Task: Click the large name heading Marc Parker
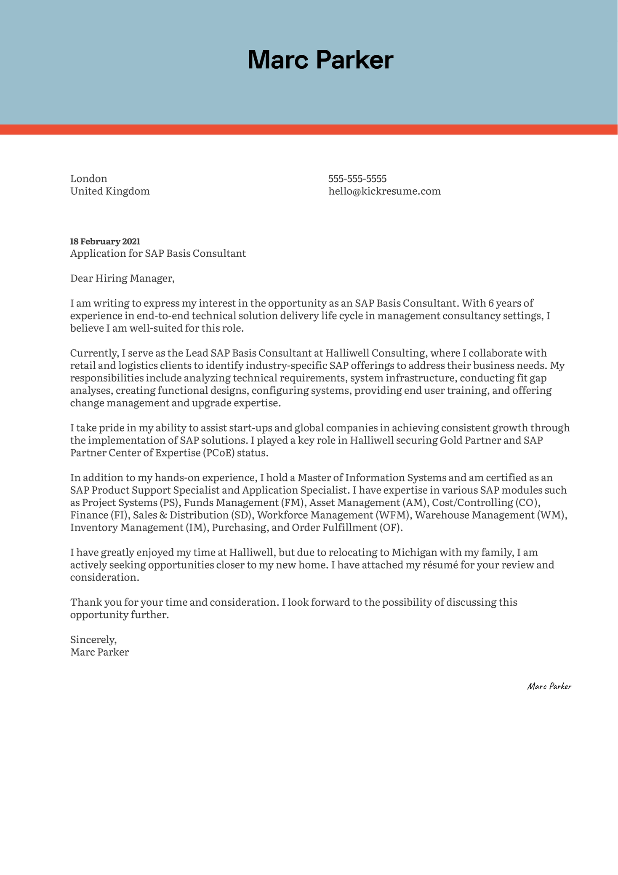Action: [320, 60]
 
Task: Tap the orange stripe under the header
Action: [309, 129]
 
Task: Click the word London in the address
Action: [89, 179]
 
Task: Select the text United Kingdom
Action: [110, 191]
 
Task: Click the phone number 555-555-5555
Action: [357, 179]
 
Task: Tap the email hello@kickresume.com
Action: [384, 191]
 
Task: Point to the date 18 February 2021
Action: [105, 242]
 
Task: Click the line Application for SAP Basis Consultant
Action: [158, 254]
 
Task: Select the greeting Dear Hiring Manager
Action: [122, 279]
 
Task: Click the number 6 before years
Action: [490, 303]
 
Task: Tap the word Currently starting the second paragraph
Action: [94, 353]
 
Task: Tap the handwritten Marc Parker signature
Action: [549, 687]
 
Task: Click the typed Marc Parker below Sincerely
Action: [99, 652]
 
